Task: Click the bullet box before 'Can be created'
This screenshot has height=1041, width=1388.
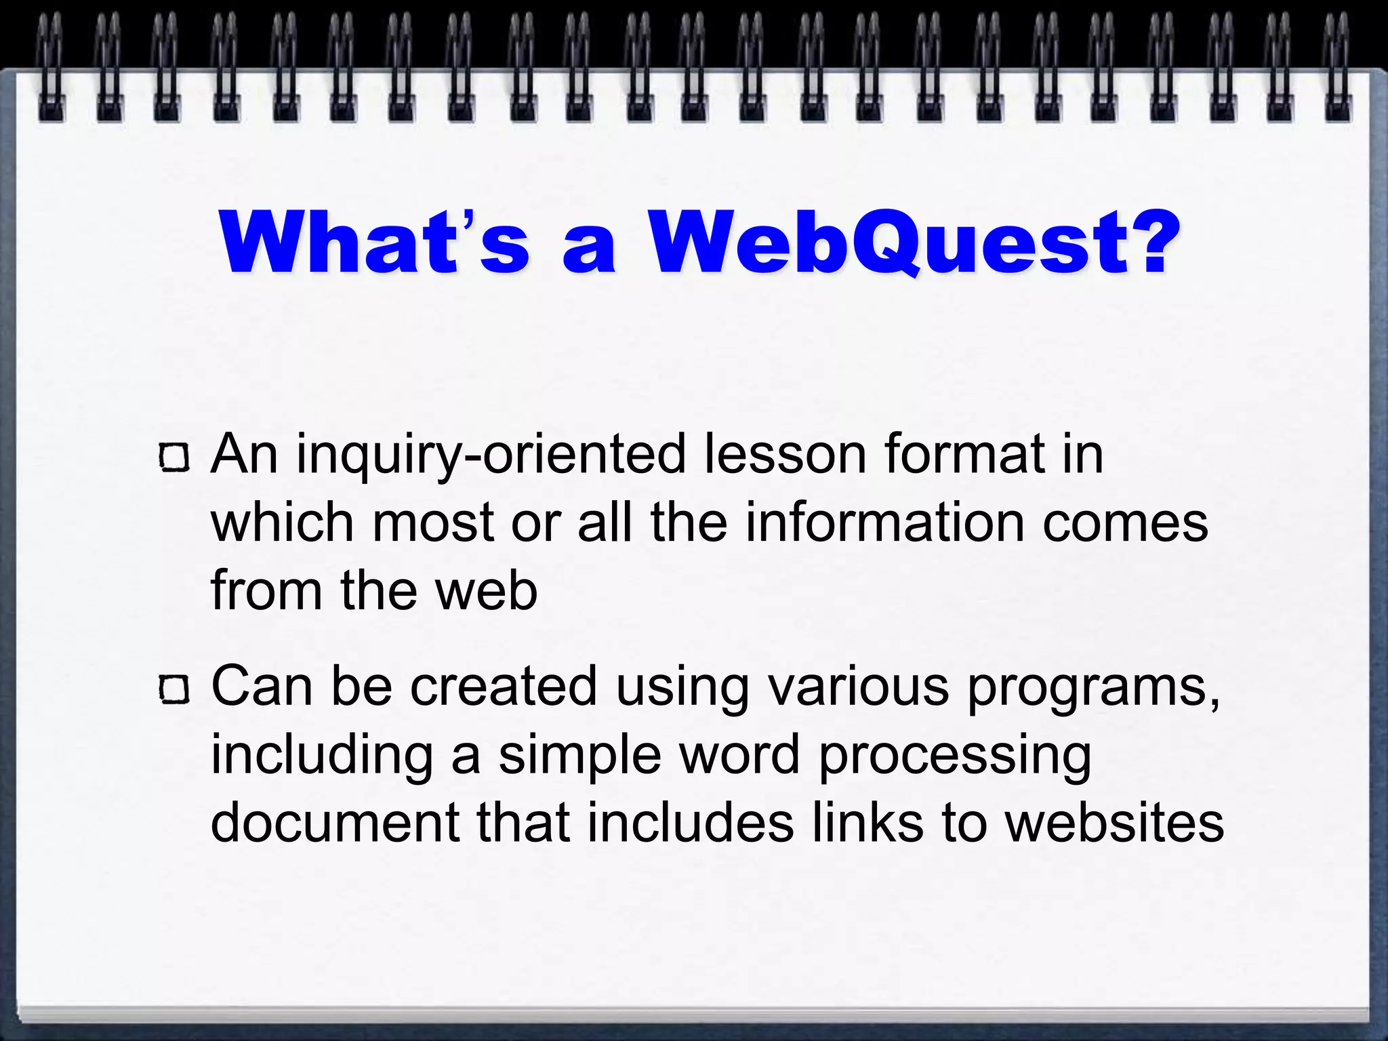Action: [x=174, y=689]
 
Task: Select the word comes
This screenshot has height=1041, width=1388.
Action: [x=1125, y=524]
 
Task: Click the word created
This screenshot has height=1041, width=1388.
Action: [x=504, y=687]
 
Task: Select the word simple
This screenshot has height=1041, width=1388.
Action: [x=579, y=756]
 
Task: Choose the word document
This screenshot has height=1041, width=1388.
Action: [x=335, y=823]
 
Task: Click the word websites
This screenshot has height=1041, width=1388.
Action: [x=1114, y=823]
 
